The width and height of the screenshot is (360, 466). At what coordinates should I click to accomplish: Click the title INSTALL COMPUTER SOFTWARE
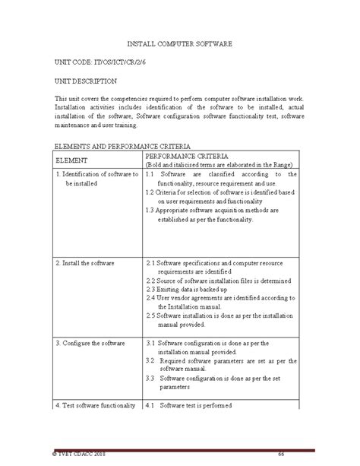coord(179,46)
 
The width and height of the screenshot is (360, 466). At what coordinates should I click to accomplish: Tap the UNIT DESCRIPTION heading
coord(85,79)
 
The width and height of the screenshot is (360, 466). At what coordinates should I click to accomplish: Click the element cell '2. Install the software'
coord(84,263)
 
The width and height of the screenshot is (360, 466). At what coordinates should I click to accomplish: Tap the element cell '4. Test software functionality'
coord(96,406)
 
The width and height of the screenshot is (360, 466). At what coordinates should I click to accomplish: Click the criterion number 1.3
coord(150,211)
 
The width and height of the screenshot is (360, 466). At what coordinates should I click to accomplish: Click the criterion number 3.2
coord(151,361)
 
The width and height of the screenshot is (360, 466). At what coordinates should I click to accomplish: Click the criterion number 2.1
coord(150,263)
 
